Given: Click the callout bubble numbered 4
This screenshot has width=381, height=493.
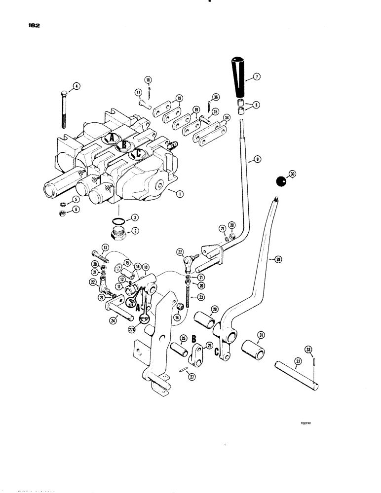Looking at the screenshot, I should click(x=76, y=87).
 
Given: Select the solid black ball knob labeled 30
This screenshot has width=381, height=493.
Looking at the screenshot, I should click(x=281, y=181).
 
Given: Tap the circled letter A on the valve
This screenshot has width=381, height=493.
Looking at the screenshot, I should click(x=112, y=139).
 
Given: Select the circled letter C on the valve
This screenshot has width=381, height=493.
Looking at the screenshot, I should click(x=139, y=153).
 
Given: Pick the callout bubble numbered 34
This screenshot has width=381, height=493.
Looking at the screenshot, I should click(x=227, y=118).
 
